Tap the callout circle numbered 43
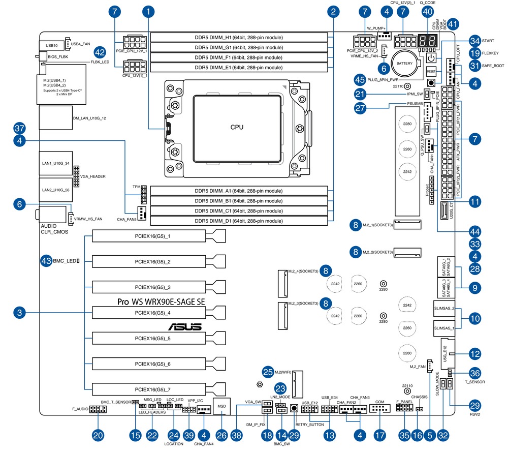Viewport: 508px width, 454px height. (x=46, y=261)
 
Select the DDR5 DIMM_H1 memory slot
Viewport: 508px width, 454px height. (x=239, y=38)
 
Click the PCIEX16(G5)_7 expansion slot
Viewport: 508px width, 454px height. (x=152, y=390)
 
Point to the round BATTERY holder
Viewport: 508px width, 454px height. (x=405, y=63)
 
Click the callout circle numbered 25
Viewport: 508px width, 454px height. (x=268, y=373)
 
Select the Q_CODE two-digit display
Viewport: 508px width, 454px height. (x=427, y=42)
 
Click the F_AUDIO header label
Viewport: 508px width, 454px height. (x=80, y=408)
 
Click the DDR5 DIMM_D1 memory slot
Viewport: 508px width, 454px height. (x=239, y=220)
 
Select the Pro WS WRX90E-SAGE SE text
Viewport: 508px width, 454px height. (x=161, y=301)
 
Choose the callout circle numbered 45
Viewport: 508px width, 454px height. (x=361, y=79)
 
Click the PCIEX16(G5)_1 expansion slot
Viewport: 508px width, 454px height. (x=152, y=236)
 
